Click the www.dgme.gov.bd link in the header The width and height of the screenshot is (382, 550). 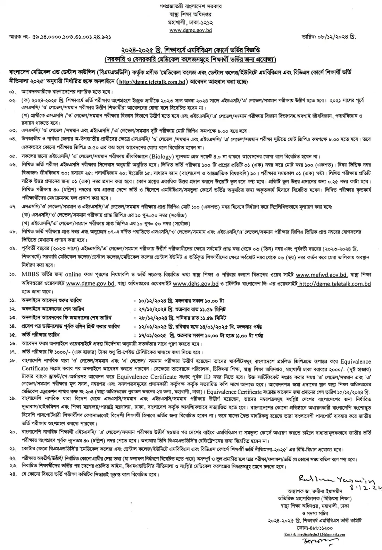191,30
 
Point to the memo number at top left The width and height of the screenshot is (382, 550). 59,36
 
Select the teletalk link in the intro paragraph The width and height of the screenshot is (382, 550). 152,82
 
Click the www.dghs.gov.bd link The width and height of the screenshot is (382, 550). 196,284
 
